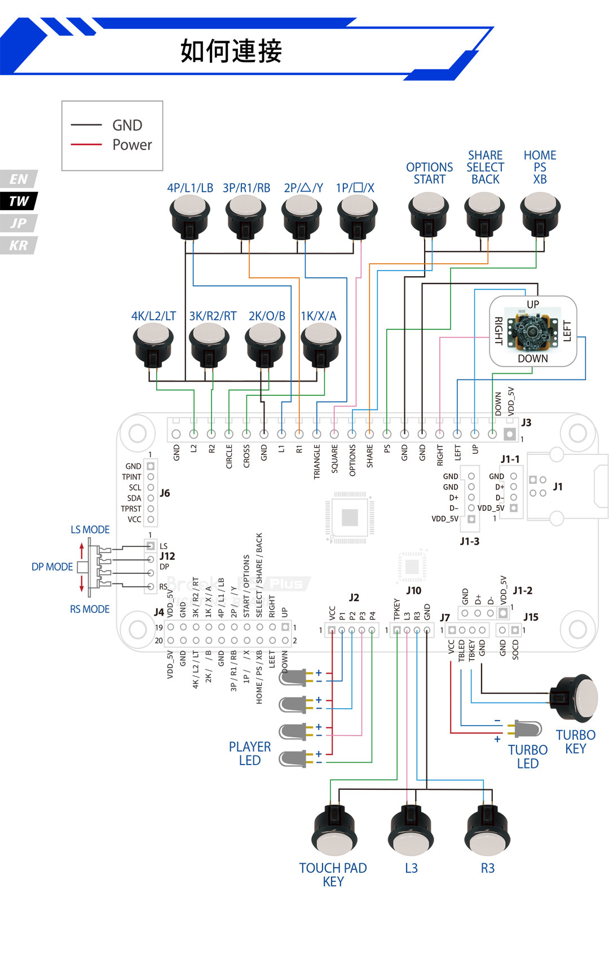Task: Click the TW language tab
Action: pos(19,201)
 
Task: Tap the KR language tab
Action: pos(19,246)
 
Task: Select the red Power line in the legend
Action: pos(86,145)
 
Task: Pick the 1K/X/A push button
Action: pos(320,341)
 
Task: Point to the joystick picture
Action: pos(532,331)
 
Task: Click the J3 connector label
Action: pos(526,423)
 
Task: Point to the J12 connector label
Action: pos(167,556)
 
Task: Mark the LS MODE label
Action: pos(90,530)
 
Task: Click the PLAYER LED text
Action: pos(250,753)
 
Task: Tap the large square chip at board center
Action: pos(350,518)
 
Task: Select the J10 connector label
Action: pos(413,591)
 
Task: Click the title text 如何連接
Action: pos(231,51)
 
